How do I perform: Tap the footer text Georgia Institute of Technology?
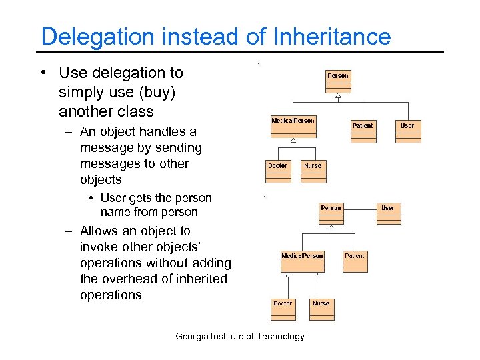click(x=239, y=336)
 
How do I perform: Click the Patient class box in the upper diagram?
click(x=363, y=131)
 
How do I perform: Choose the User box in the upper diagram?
click(x=407, y=131)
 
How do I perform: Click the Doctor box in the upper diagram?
click(x=278, y=171)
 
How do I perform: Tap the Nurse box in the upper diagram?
click(x=313, y=171)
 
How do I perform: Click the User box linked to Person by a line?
click(x=388, y=213)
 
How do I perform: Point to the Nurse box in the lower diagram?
click(x=321, y=309)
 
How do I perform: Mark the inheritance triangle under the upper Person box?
click(x=338, y=97)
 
